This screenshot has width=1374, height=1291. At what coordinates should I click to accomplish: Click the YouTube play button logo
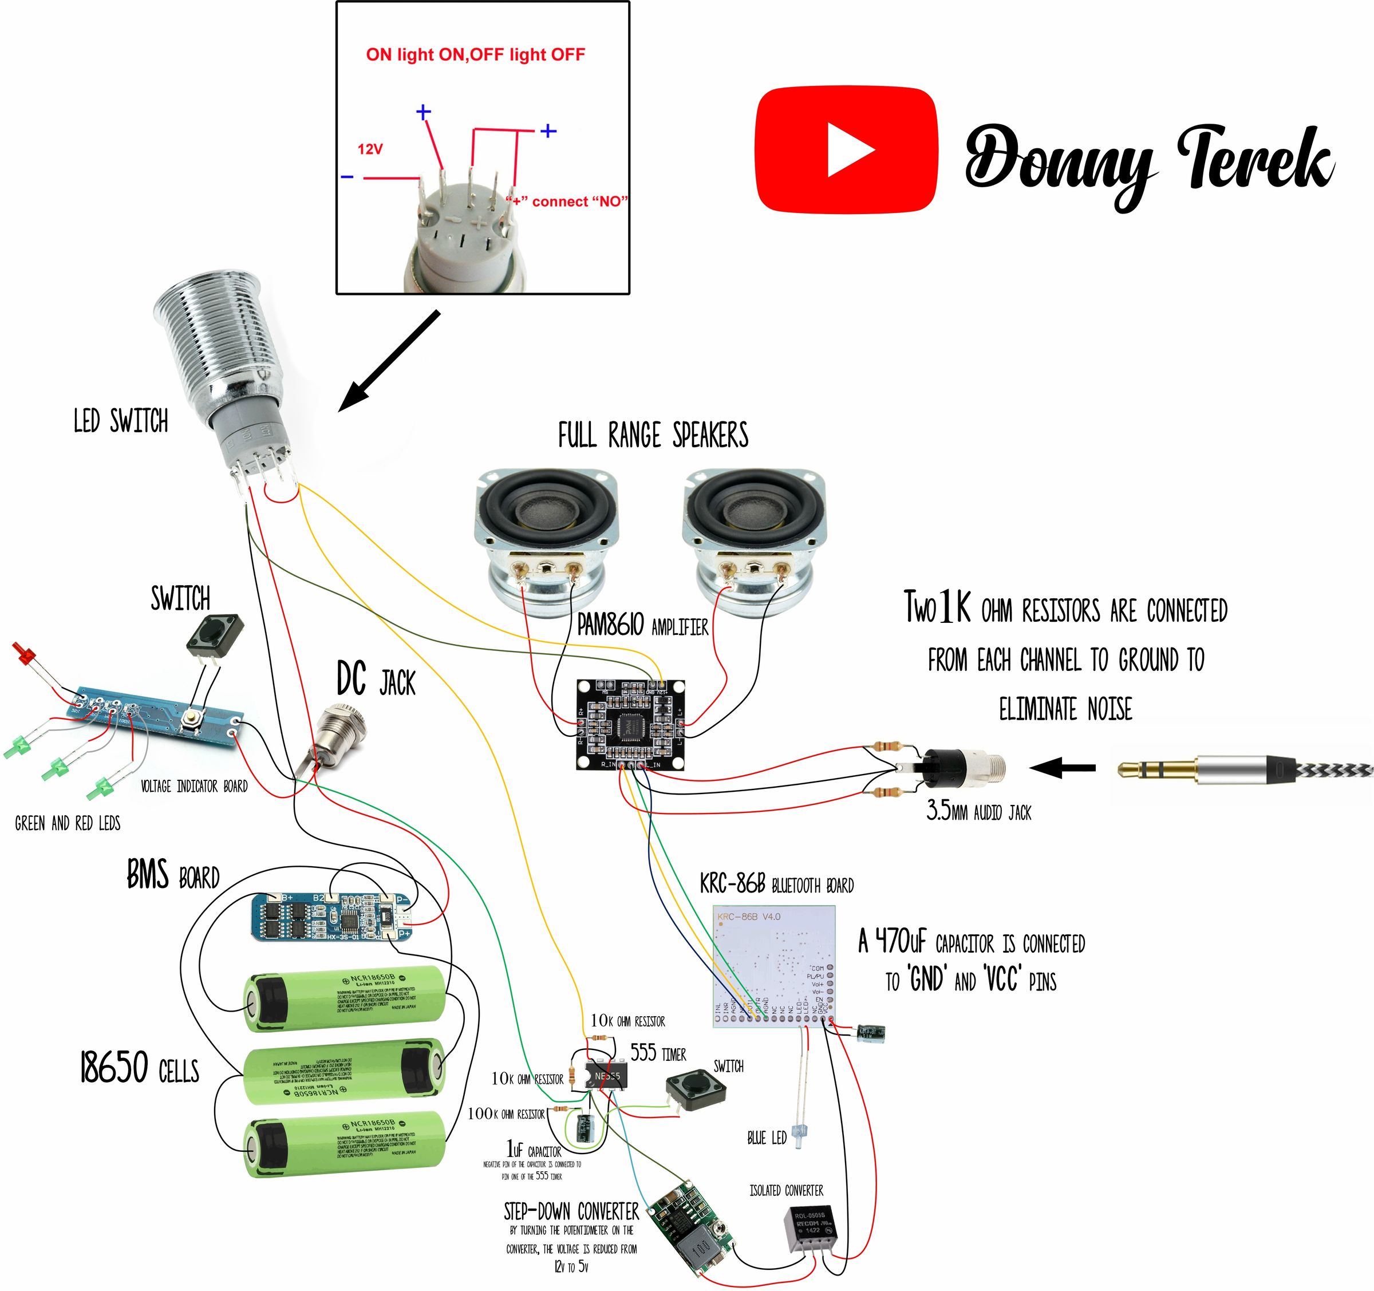pos(847,149)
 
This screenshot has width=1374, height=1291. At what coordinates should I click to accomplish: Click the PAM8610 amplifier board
pos(631,724)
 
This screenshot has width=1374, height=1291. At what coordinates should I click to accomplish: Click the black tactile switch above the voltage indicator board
pos(215,634)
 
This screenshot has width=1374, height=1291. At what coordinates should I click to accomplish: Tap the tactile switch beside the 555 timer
pos(695,1090)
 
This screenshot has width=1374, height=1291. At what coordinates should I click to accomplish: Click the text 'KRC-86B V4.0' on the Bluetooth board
pos(748,917)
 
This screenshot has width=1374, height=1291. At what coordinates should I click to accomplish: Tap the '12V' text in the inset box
pos(370,149)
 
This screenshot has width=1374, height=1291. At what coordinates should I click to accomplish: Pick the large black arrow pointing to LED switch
pos(389,361)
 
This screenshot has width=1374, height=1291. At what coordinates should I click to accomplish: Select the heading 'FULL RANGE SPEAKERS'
pos(653,436)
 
